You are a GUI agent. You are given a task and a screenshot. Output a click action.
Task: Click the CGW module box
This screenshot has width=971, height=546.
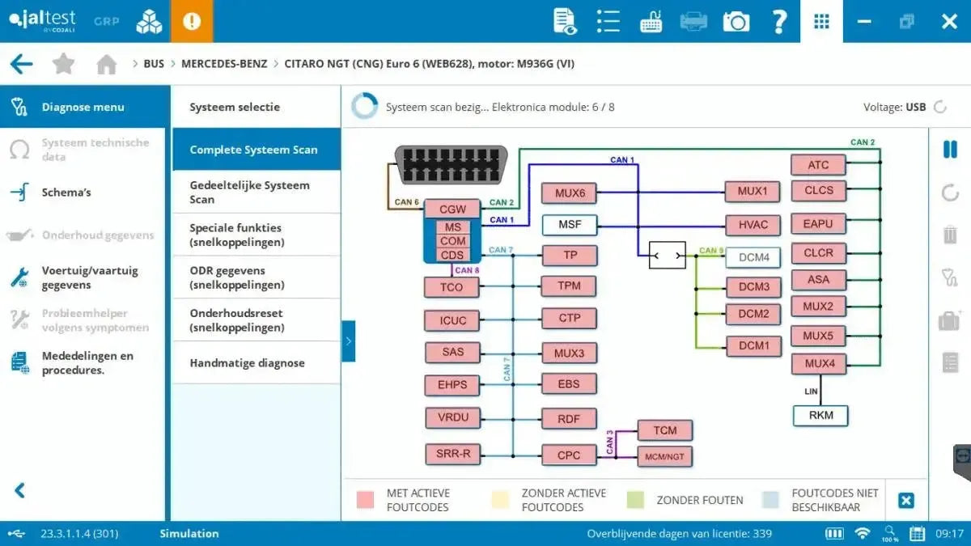pos(452,209)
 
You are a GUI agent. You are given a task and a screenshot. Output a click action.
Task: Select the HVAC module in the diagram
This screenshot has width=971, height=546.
pos(753,225)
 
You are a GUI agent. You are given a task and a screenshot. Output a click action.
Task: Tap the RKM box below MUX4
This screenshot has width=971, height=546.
pos(820,417)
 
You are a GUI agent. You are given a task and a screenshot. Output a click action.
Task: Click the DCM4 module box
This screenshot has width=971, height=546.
pos(753,258)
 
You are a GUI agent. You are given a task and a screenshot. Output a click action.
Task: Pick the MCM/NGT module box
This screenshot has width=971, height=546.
pos(664,457)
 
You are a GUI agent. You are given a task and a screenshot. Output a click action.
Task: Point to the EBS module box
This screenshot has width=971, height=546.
pos(569,384)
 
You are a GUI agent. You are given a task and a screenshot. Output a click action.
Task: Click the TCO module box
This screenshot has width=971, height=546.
pos(452,287)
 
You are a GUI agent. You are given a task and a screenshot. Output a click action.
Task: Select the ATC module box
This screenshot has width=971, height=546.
pos(818,165)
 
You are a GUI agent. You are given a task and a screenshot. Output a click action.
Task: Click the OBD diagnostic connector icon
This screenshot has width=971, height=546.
pos(451,166)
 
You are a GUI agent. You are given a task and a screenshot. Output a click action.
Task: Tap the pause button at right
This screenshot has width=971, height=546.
pos(950,150)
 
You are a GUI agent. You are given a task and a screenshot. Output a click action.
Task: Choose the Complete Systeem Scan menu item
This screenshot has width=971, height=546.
pos(253,150)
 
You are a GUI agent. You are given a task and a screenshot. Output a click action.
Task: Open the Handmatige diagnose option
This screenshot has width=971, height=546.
pos(247,363)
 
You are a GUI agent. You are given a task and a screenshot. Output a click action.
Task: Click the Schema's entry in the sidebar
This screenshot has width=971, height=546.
pos(66,193)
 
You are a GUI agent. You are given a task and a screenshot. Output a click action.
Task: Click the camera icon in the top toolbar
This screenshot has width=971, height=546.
pos(736,22)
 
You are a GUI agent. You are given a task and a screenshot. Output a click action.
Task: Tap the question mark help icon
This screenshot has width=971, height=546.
pos(778,22)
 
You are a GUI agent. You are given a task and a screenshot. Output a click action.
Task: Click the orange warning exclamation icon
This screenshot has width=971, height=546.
pos(192,22)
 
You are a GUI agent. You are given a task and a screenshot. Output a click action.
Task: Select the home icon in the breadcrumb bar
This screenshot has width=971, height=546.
pos(106,65)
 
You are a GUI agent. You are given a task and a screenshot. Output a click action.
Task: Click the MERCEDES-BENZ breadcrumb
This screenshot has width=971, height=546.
pos(224,64)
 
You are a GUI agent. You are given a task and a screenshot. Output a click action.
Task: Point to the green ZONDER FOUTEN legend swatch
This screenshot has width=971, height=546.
pos(636,501)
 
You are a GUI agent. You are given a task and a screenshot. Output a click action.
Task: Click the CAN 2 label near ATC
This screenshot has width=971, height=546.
pos(863,142)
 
